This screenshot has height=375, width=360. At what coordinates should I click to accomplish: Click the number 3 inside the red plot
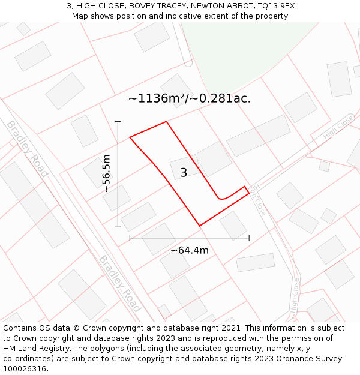pyautogui.click(x=184, y=173)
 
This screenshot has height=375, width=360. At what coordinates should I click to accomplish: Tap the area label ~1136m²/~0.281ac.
pyautogui.click(x=190, y=98)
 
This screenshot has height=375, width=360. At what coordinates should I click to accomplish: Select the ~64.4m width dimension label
pyautogui.click(x=190, y=250)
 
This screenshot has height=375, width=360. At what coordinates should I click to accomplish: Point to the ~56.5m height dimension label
pyautogui.click(x=106, y=173)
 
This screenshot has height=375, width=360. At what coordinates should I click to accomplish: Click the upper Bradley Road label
pyautogui.click(x=27, y=148)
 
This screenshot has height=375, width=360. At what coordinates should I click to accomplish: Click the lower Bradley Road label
pyautogui.click(x=120, y=284)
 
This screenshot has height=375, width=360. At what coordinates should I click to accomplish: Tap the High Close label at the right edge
pyautogui.click(x=338, y=128)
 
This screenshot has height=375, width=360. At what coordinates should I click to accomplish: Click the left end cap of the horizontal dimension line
pyautogui.click(x=130, y=238)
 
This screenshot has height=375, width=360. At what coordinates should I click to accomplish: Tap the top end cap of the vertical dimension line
pyautogui.click(x=118, y=122)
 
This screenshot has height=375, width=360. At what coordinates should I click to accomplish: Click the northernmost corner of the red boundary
pyautogui.click(x=166, y=122)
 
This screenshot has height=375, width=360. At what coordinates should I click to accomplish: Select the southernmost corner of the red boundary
pyautogui.click(x=199, y=226)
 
